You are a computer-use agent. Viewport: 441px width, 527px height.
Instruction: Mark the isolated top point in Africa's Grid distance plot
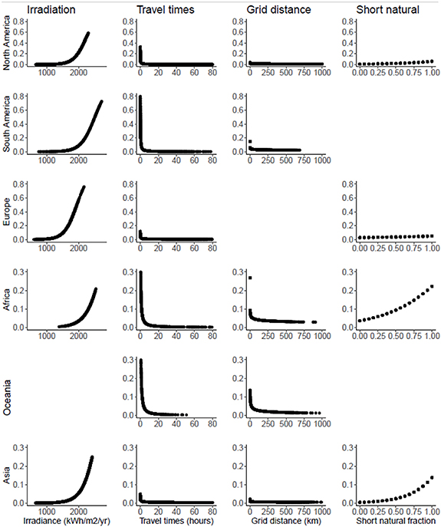tap(250, 278)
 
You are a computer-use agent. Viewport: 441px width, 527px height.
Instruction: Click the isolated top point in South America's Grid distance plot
tap(250, 141)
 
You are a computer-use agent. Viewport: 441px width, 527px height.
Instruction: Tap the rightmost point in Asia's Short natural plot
tap(431, 477)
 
